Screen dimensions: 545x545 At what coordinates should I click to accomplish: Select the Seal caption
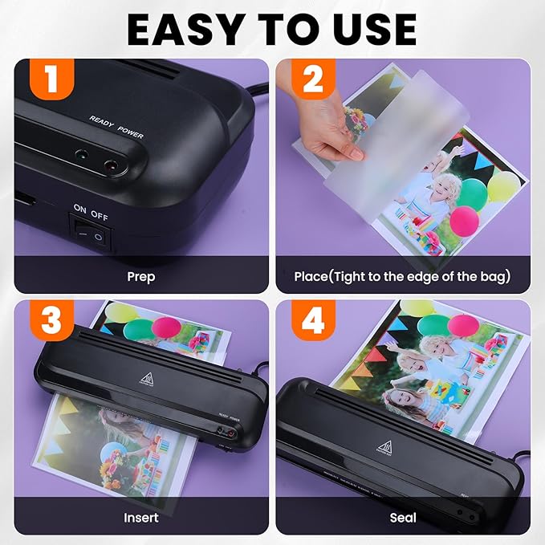click(x=403, y=517)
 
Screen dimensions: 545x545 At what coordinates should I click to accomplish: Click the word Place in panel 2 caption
click(x=311, y=276)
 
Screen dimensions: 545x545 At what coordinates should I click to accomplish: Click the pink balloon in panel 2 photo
click(x=465, y=219)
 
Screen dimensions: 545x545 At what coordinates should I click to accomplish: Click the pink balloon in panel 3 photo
click(x=166, y=326)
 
